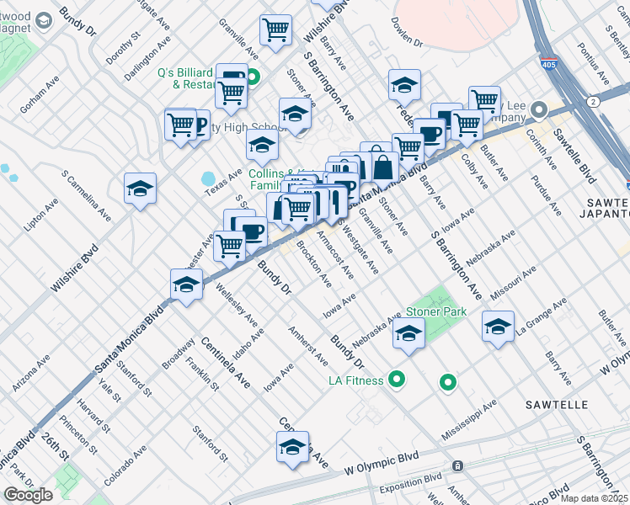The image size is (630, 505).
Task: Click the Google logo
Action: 28,495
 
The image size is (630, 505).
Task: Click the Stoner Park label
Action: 436,311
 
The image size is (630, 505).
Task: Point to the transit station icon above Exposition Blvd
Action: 457,465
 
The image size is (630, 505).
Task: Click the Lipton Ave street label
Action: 41,215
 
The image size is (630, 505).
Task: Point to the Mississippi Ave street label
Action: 469,420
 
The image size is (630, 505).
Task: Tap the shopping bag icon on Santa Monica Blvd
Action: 382,167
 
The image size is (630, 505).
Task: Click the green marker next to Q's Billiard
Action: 253,80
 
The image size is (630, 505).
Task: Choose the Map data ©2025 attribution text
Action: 595,497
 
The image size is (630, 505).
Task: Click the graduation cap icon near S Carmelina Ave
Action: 140,189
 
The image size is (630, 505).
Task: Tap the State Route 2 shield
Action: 594,101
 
